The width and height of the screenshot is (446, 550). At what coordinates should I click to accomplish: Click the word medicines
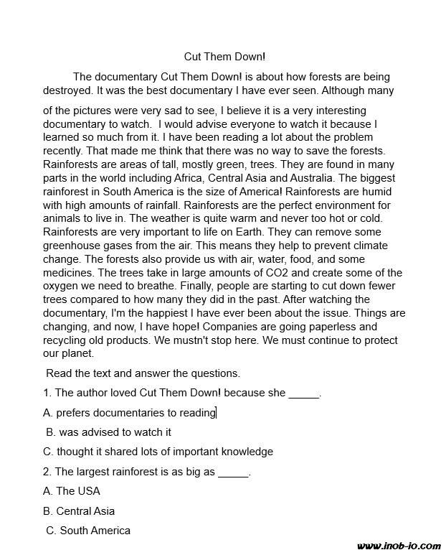(69, 272)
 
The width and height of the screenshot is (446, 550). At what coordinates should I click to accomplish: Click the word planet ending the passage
(76, 354)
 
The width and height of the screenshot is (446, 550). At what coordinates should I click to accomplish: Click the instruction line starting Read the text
(143, 373)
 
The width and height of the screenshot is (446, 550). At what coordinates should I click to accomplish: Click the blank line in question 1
(304, 393)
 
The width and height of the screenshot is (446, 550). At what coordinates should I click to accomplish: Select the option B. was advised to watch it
(109, 432)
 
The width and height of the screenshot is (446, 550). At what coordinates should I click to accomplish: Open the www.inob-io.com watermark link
(398, 545)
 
